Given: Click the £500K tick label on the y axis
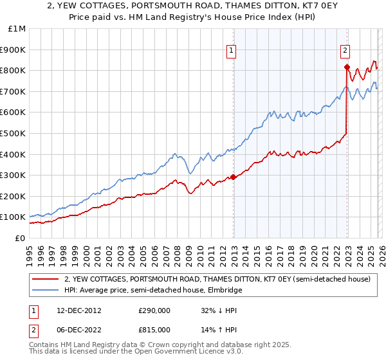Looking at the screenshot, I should click(13, 133).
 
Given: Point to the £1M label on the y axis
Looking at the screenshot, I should click(17, 28).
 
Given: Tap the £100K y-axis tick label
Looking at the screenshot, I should click(13, 217).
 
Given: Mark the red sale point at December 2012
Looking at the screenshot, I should click(233, 177).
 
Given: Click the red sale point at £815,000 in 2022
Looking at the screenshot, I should click(347, 67).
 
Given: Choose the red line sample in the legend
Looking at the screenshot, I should click(46, 280).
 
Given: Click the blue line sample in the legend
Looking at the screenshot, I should click(46, 291).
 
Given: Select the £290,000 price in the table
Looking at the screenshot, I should click(154, 310).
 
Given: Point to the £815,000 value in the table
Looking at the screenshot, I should click(154, 329).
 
